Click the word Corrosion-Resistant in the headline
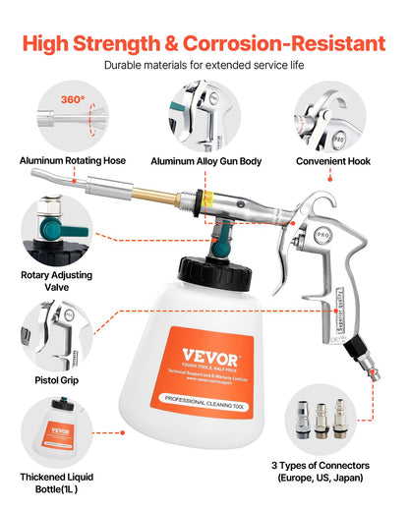(x=285, y=43)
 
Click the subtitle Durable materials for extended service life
(x=204, y=68)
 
